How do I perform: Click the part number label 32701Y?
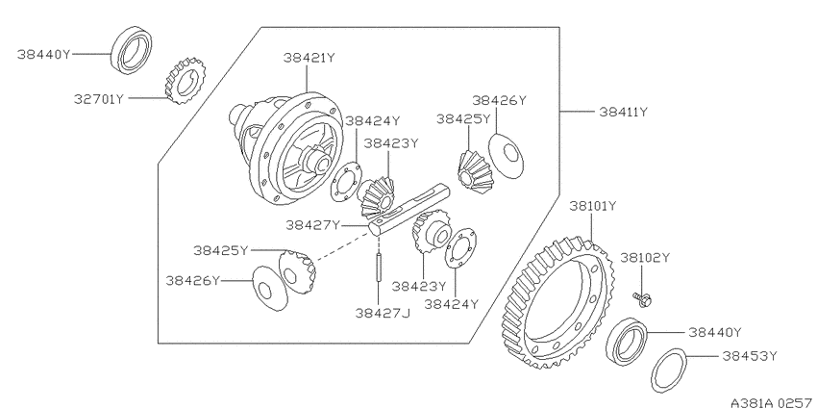click(98, 98)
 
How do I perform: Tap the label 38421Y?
click(309, 58)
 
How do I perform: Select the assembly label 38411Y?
click(623, 112)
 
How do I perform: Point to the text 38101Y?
click(593, 206)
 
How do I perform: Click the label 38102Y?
click(645, 258)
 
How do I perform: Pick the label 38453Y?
click(750, 356)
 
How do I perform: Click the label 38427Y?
click(312, 225)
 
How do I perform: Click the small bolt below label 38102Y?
click(643, 299)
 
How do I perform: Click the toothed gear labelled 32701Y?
click(186, 80)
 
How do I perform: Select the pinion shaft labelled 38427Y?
click(409, 210)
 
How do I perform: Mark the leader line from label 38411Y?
click(577, 112)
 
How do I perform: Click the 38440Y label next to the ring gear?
click(715, 332)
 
